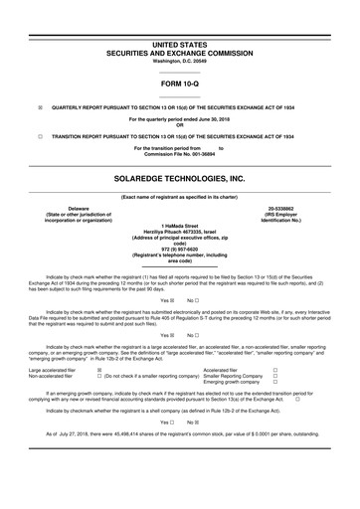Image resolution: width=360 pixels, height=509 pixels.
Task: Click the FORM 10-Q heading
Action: click(x=179, y=85)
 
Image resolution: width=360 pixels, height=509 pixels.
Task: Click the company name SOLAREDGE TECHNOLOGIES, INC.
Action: click(x=179, y=178)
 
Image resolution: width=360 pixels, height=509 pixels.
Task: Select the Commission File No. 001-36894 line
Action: click(x=179, y=155)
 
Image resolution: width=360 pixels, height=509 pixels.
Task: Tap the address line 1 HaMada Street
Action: click(x=179, y=224)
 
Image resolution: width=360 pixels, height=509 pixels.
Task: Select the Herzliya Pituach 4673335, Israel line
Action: click(x=179, y=230)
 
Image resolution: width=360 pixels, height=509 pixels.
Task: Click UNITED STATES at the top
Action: click(x=179, y=46)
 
